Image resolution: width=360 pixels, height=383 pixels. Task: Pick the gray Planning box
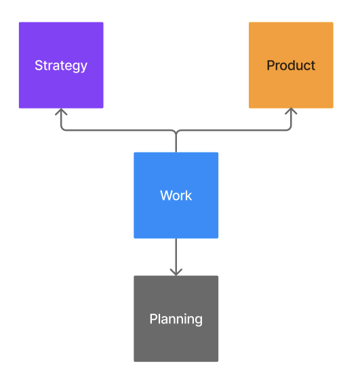[x=176, y=339]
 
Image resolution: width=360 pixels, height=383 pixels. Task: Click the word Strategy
[x=61, y=66]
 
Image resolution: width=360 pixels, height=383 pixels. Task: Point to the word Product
[x=291, y=66]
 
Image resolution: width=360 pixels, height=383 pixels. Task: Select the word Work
[x=176, y=196]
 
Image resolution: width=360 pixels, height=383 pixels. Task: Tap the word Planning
[x=176, y=319]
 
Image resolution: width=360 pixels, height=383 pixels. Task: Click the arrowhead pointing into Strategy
[x=61, y=112]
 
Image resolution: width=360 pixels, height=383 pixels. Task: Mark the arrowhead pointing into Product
[x=291, y=112]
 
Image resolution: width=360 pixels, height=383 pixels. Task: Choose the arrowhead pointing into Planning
[x=176, y=271]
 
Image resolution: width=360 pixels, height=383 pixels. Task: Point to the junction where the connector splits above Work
[x=176, y=131]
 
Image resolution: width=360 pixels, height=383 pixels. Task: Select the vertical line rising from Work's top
[x=176, y=143]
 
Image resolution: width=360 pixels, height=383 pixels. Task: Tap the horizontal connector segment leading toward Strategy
[x=115, y=130]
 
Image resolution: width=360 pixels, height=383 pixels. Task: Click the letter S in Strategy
[x=39, y=66]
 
